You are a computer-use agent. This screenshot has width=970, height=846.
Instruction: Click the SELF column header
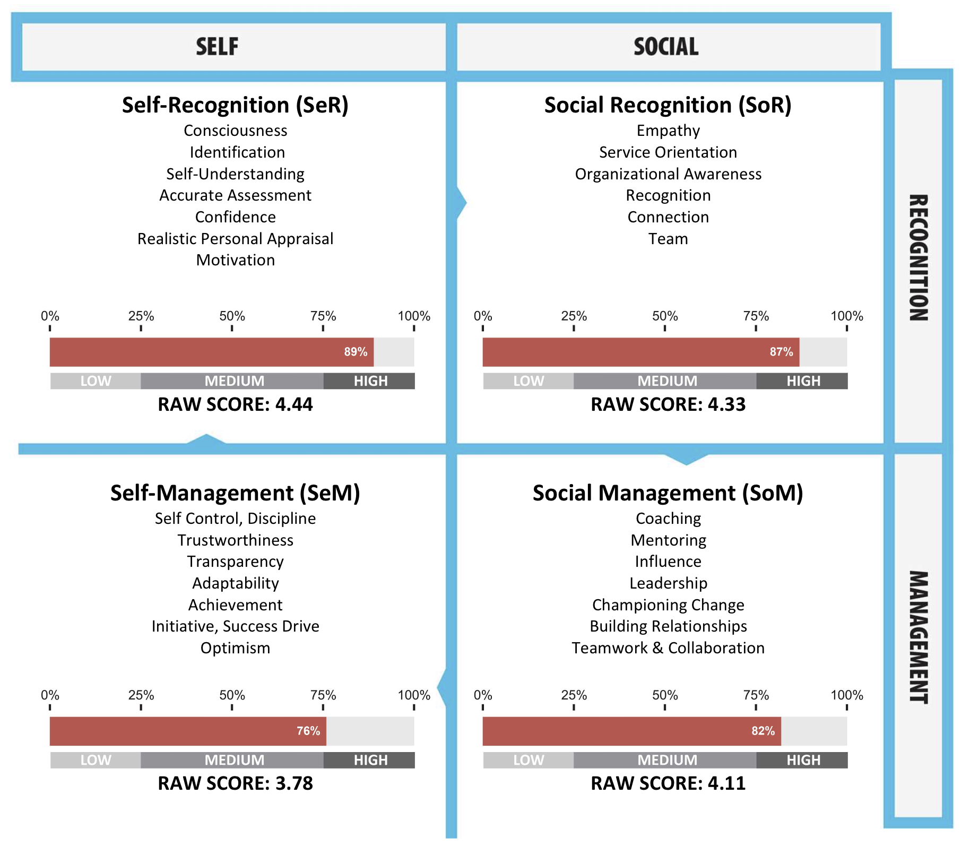click(x=217, y=47)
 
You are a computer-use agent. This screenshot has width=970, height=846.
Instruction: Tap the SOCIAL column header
click(x=666, y=47)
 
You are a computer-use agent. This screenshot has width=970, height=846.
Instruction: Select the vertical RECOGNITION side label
click(x=919, y=258)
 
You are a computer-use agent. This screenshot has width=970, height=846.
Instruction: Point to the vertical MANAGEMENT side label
click(x=919, y=637)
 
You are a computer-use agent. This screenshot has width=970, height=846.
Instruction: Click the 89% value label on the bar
click(x=356, y=352)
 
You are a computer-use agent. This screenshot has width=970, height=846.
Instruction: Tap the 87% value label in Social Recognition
click(x=781, y=352)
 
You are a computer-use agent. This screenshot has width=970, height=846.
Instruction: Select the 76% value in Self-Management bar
click(x=308, y=731)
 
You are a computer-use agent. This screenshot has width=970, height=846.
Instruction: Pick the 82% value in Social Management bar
click(x=763, y=731)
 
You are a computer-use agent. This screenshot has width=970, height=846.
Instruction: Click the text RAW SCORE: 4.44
click(x=235, y=404)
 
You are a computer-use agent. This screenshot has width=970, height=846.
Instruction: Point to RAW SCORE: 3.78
click(x=235, y=783)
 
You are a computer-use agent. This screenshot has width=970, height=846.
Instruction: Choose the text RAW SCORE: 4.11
click(x=668, y=783)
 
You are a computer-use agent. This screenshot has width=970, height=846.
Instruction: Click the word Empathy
click(x=668, y=131)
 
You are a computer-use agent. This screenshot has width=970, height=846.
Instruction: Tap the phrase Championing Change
click(x=668, y=605)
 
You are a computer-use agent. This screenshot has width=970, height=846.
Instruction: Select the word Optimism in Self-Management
click(x=235, y=648)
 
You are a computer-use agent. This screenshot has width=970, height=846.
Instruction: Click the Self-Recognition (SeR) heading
click(x=235, y=105)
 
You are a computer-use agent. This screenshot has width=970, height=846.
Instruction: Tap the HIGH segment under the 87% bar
click(x=803, y=381)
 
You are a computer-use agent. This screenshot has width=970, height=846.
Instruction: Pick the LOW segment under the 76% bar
click(x=96, y=760)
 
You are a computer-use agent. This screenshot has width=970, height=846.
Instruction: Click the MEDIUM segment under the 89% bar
click(x=234, y=381)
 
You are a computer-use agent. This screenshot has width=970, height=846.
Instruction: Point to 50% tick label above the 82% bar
click(x=665, y=695)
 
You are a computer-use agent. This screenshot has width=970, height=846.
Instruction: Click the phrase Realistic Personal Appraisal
click(x=235, y=239)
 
